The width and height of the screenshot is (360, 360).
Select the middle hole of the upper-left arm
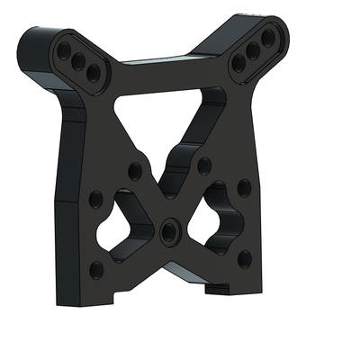click(78, 60)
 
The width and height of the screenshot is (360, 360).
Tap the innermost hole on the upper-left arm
click(92, 70)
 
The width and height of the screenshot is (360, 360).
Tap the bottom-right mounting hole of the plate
click(243, 259)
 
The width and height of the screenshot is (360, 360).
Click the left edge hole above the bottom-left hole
click(94, 199)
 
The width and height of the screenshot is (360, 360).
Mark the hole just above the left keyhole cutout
click(135, 170)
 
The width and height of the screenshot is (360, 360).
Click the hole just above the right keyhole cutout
click(205, 165)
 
